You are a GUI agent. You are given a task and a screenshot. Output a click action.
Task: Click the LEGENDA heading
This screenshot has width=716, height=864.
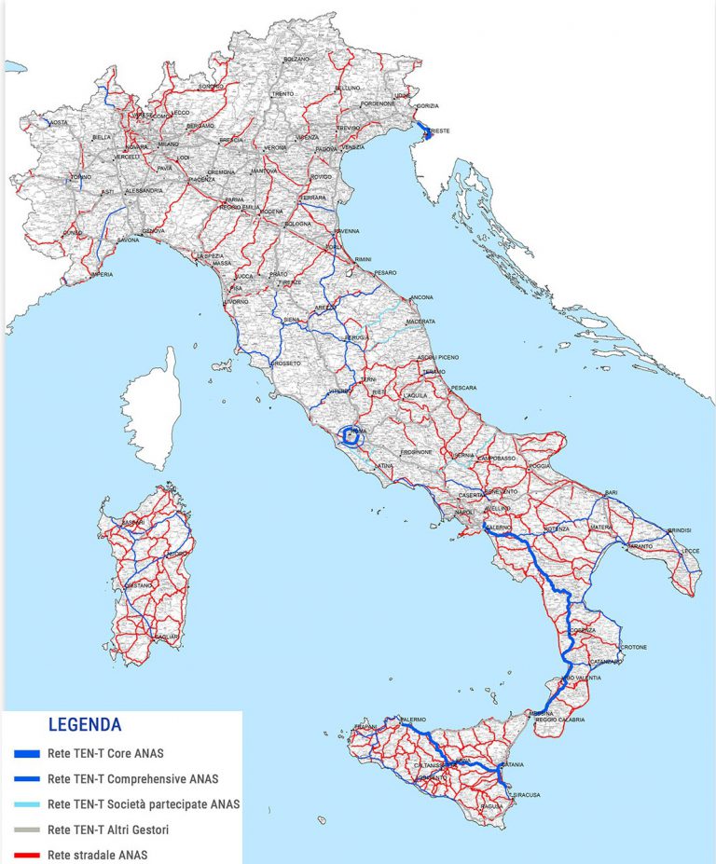[x=85, y=723]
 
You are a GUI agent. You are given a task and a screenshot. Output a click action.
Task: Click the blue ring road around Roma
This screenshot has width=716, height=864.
[x=351, y=435]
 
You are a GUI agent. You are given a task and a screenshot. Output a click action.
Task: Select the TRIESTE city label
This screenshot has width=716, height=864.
[x=437, y=131]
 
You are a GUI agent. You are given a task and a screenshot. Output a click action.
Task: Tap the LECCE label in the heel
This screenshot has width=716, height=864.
[x=690, y=551]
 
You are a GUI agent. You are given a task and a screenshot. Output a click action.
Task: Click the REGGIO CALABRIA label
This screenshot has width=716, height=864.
[x=559, y=720]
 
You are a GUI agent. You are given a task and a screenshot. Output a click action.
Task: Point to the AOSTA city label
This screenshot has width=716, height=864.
[x=59, y=123]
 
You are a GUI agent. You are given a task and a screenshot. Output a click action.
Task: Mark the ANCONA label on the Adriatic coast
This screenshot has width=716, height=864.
[x=421, y=297]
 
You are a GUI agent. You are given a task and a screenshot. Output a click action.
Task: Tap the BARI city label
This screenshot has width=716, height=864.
[x=612, y=491]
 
